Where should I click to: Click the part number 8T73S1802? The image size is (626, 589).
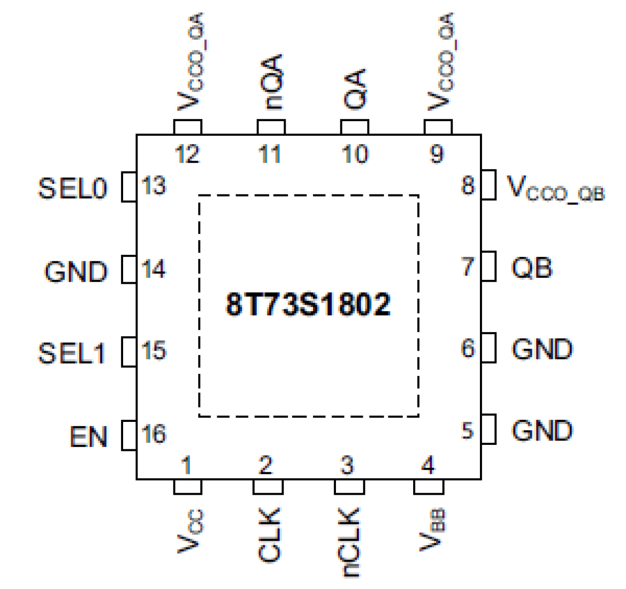(308, 304)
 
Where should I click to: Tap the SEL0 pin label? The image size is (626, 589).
(73, 189)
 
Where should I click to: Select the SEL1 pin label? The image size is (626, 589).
(72, 353)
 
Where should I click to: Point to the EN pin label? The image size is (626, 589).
(88, 437)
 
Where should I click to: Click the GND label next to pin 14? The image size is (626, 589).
(76, 272)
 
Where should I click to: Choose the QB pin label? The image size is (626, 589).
(532, 268)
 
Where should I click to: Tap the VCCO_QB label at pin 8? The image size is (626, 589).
(555, 189)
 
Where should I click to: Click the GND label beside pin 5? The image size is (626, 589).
(542, 431)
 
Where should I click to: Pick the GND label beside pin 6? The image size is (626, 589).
(542, 349)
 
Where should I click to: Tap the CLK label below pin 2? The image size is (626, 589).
(269, 535)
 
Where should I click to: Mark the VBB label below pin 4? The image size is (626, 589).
(432, 530)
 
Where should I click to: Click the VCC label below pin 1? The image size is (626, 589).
(189, 532)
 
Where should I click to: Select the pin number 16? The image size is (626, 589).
(154, 434)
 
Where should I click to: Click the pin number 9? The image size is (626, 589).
(437, 154)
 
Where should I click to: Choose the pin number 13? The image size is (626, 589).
(154, 186)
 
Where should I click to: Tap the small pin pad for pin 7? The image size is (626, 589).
(488, 266)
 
